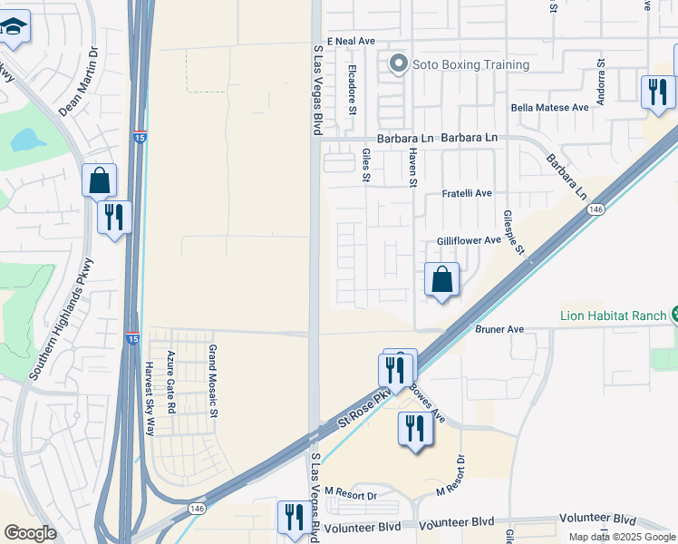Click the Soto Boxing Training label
tap(470, 64)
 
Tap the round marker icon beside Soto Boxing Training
tap(397, 64)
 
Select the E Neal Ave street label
tap(351, 42)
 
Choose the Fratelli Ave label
tap(466, 193)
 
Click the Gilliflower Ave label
tap(469, 240)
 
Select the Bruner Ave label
tap(499, 329)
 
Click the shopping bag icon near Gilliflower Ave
tap(441, 280)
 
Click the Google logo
tap(30, 533)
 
